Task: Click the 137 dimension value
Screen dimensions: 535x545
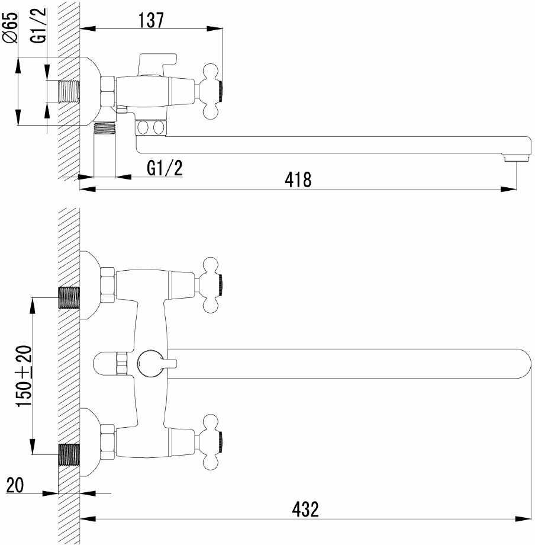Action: (151, 20)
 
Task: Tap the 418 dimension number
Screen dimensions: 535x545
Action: (298, 179)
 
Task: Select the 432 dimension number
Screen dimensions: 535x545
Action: (305, 509)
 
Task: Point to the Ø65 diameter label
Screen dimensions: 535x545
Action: (10, 27)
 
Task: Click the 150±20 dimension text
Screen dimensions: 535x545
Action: (24, 376)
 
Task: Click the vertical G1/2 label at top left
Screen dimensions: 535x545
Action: (38, 25)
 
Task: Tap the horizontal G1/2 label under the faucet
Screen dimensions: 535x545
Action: (165, 168)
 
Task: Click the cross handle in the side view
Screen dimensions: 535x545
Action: (210, 92)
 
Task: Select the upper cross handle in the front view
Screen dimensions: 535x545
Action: (210, 285)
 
